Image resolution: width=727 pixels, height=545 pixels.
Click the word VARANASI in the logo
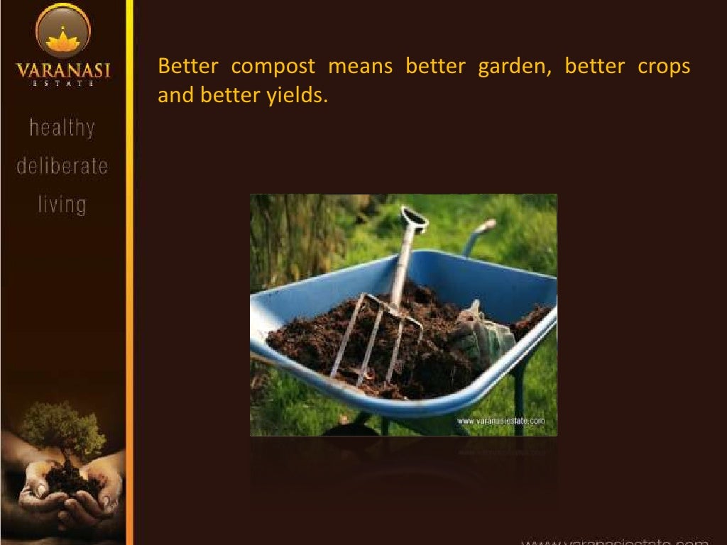point(62,72)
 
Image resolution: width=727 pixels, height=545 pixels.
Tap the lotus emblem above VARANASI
point(62,40)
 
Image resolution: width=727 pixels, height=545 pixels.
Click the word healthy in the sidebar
point(62,128)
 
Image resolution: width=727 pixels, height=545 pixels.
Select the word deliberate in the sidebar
point(62,167)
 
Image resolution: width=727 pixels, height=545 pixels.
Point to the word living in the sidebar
point(62,205)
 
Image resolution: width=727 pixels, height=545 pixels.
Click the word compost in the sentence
point(273,67)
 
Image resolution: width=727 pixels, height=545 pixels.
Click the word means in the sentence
point(360,67)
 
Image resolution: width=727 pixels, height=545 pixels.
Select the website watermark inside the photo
point(505,421)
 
